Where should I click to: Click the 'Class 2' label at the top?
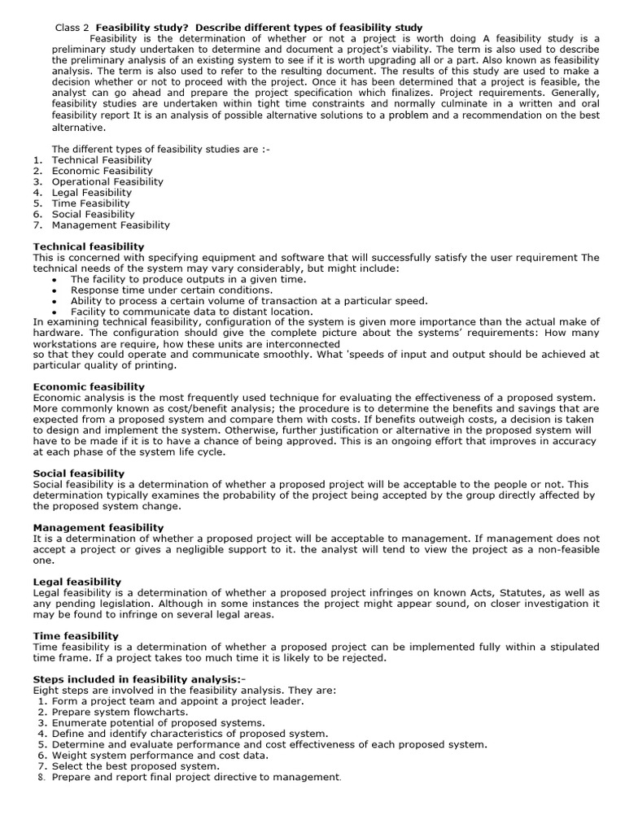tap(72, 28)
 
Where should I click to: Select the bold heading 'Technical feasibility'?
tap(89, 246)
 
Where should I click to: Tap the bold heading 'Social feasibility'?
tap(79, 473)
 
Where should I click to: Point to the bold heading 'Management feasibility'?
tap(98, 527)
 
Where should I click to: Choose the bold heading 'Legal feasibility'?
tap(77, 582)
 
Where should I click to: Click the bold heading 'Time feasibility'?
tap(76, 636)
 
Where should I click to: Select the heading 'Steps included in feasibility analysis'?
tap(137, 679)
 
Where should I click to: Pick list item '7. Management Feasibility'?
tap(111, 225)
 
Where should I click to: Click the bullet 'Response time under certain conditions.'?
tap(172, 290)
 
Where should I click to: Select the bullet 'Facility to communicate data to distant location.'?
tap(191, 312)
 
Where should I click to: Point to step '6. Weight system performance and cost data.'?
tap(160, 755)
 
